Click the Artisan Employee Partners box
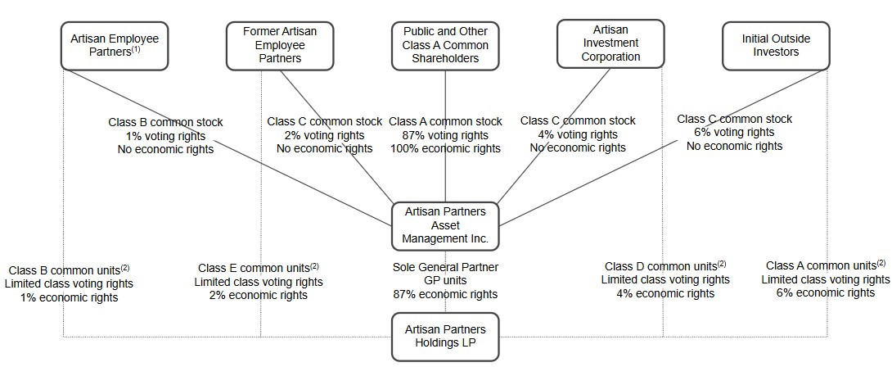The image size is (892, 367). click(x=115, y=45)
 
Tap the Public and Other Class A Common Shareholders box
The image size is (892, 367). click(x=445, y=45)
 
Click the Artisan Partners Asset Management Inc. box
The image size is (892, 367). click(x=445, y=225)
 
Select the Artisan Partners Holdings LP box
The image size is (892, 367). click(x=445, y=336)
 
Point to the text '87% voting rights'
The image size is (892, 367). click(x=445, y=135)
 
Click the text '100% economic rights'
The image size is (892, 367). click(x=445, y=148)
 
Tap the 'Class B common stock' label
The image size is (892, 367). click(x=165, y=122)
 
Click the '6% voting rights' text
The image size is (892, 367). click(x=734, y=133)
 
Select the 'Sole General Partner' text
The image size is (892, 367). click(x=445, y=267)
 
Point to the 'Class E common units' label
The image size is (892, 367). click(x=258, y=268)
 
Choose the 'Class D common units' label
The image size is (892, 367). click(x=664, y=266)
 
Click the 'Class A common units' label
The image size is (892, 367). click(x=825, y=265)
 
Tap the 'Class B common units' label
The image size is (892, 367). click(x=69, y=270)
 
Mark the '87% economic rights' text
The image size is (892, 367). click(x=445, y=294)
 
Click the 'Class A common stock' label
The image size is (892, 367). click(x=445, y=121)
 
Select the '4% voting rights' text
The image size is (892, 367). click(x=578, y=134)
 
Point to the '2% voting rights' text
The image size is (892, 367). click(x=324, y=135)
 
